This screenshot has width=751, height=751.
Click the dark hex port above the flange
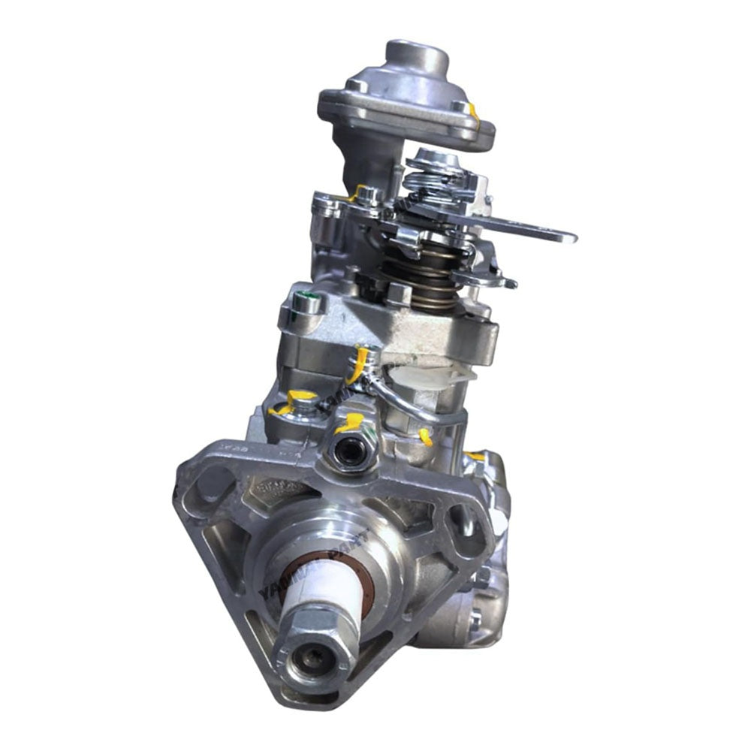pyautogui.click(x=348, y=448)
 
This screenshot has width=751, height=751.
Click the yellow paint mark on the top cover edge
pyautogui.click(x=472, y=112)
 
